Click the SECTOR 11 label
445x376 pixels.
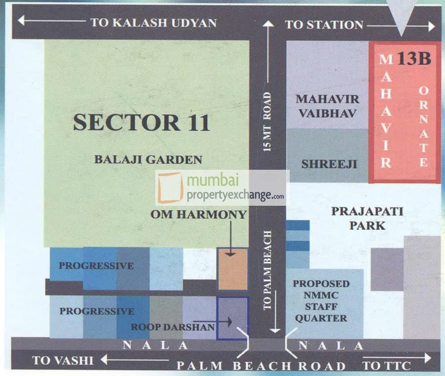(x=141, y=122)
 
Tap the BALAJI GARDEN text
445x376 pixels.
(x=149, y=159)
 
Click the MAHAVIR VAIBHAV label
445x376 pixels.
(x=327, y=106)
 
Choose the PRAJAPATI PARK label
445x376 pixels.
(x=367, y=218)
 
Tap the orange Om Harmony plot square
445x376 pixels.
(x=232, y=269)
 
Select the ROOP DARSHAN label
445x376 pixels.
(x=173, y=327)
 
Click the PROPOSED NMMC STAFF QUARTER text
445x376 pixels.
(x=321, y=301)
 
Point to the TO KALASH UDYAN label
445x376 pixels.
(x=153, y=23)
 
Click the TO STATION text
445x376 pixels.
(x=324, y=25)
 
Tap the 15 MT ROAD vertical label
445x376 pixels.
(x=267, y=121)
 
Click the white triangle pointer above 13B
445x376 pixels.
(x=401, y=15)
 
